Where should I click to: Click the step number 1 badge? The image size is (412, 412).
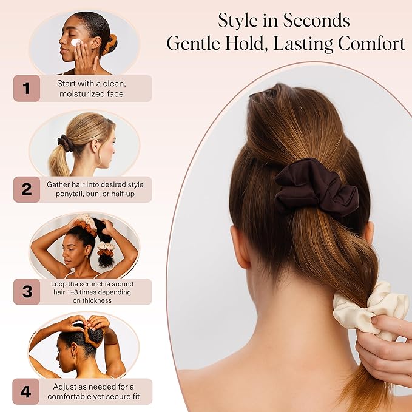click(26, 88)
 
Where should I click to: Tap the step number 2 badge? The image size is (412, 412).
click(26, 189)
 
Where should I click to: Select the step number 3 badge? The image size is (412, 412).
click(26, 291)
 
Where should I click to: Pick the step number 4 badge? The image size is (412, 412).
click(26, 391)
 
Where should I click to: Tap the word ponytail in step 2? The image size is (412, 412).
click(66, 195)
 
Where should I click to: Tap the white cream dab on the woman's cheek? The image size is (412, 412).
click(75, 43)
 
